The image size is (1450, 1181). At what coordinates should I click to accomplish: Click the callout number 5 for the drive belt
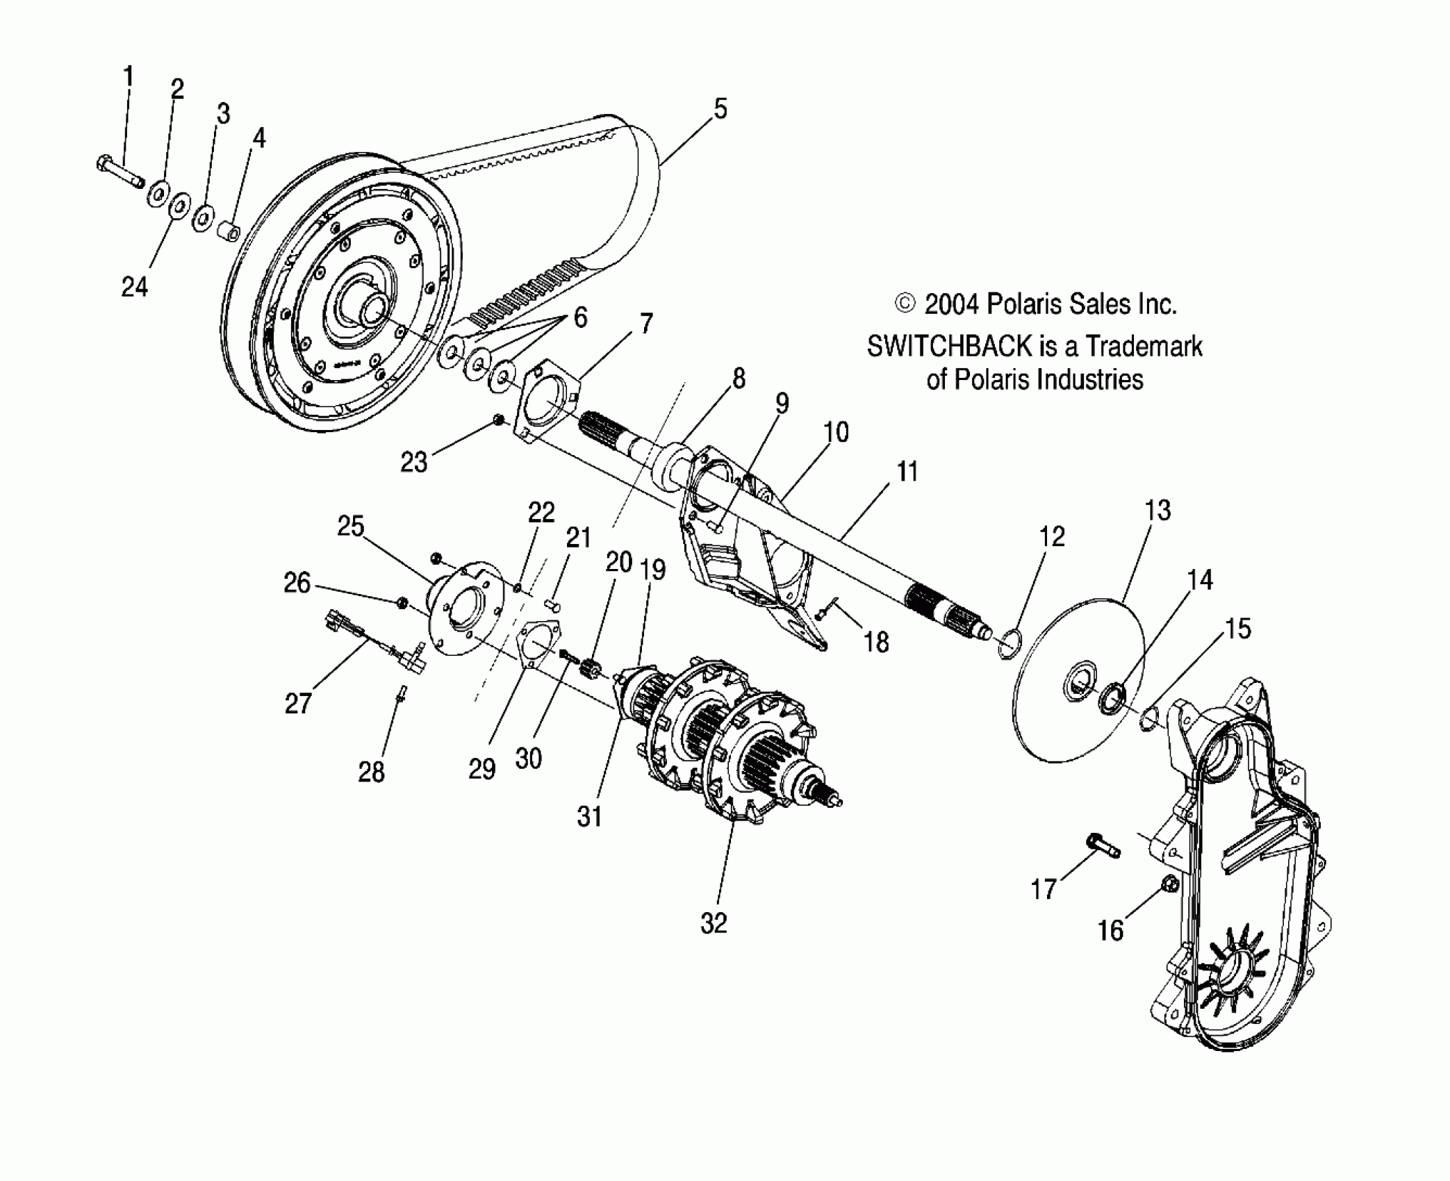coord(720,109)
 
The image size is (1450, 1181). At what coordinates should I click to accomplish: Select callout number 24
coord(135,286)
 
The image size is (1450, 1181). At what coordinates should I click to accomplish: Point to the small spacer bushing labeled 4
coord(229,229)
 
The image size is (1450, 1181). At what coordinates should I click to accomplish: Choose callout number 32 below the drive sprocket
coord(714,923)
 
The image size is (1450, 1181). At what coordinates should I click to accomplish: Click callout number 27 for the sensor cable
coord(298,704)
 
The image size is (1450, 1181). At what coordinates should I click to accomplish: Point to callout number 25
coord(350,526)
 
